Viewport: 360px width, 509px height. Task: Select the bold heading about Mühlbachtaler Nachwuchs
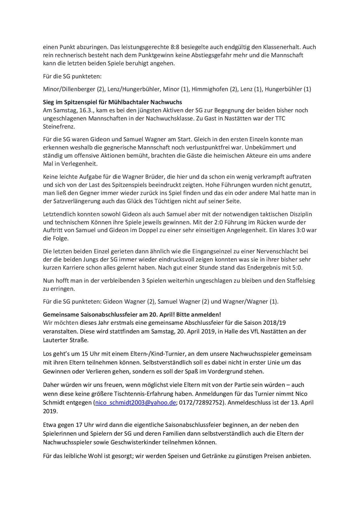point(112,102)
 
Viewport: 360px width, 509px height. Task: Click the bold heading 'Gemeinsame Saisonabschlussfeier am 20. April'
point(132,314)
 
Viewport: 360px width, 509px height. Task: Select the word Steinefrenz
point(59,127)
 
